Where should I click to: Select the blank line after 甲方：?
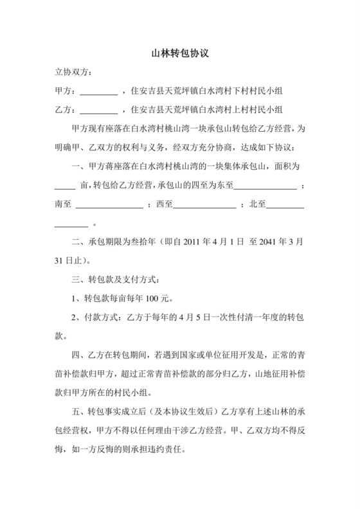coord(98,93)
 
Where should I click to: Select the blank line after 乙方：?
coord(98,111)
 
